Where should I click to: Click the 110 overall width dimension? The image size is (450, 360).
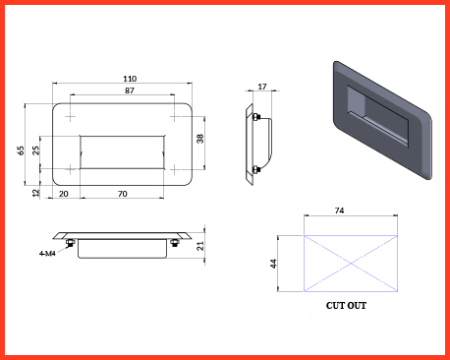[130, 79]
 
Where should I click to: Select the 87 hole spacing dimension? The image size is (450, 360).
[130, 90]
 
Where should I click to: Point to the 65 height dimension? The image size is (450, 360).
[21, 150]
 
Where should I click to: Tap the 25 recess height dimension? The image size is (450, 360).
[35, 150]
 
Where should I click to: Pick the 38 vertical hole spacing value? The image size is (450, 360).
[200, 139]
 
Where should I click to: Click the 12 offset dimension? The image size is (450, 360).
[35, 193]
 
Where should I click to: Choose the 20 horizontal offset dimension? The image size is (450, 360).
[64, 194]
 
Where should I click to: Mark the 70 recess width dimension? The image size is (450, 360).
[122, 194]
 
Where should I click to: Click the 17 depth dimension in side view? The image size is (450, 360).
[262, 87]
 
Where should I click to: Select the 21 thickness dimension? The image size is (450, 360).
[200, 246]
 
